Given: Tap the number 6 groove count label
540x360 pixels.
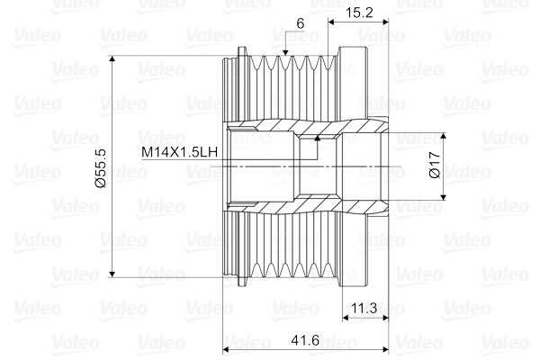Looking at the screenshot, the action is point(301,23).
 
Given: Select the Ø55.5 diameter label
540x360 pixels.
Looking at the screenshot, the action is point(100,168).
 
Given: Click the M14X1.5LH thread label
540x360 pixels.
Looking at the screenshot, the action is point(180,151).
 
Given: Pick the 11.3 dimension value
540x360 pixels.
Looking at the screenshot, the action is point(364,308).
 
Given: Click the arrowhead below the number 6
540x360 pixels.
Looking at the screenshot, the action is point(285,52).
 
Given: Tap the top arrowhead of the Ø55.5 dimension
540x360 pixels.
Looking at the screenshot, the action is point(112,59).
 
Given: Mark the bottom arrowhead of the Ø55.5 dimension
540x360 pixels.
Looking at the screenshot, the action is point(112,274).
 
